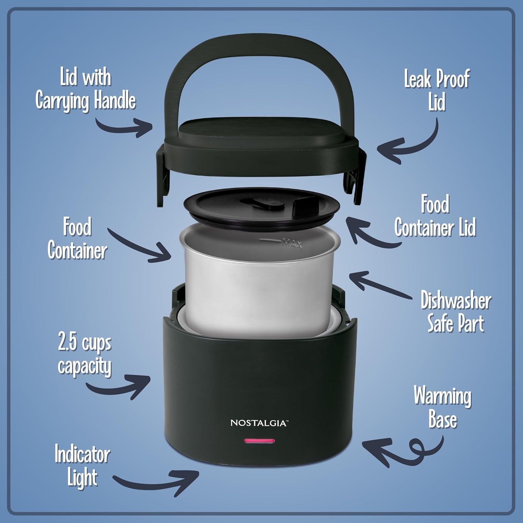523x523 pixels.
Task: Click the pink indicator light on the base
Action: coord(259,441)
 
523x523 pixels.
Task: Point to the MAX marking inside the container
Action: coord(292,243)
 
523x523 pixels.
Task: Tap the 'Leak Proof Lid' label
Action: coord(437,90)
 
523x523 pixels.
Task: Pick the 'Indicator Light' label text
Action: coord(82,466)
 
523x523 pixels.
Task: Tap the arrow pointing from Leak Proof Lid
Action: coord(408,143)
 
